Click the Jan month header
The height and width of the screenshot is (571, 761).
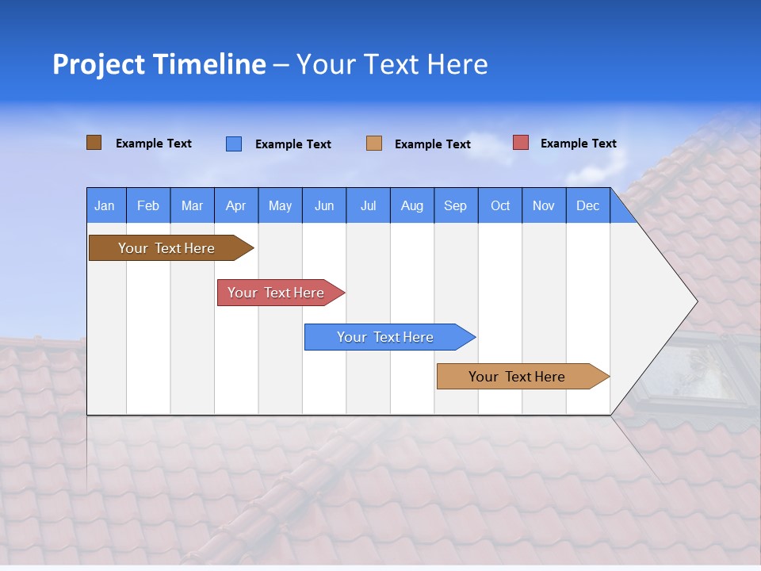tap(105, 205)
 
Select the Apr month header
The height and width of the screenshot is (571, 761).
tap(235, 205)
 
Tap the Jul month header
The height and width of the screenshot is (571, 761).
tap(368, 205)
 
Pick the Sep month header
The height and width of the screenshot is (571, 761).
tap(455, 205)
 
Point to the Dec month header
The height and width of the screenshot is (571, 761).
tap(587, 205)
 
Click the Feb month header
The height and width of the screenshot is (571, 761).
tap(148, 205)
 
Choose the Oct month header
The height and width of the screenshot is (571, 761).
tap(500, 205)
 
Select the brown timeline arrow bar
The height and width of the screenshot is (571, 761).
tap(167, 248)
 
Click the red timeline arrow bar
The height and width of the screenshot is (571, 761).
tap(277, 293)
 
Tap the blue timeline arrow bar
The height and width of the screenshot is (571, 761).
tap(386, 337)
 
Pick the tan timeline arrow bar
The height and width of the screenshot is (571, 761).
tap(518, 377)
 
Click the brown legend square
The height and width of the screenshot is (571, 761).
tap(94, 143)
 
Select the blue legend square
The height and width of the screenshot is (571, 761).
tap(234, 144)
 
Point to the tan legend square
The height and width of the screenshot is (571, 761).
tap(374, 144)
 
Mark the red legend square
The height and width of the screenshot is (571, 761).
tap(521, 143)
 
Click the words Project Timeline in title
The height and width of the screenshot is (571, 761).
tap(159, 64)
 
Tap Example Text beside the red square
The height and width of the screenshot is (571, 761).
tap(578, 144)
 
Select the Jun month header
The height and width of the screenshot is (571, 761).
tap(323, 205)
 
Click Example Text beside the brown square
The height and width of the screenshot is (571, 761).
tap(153, 144)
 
